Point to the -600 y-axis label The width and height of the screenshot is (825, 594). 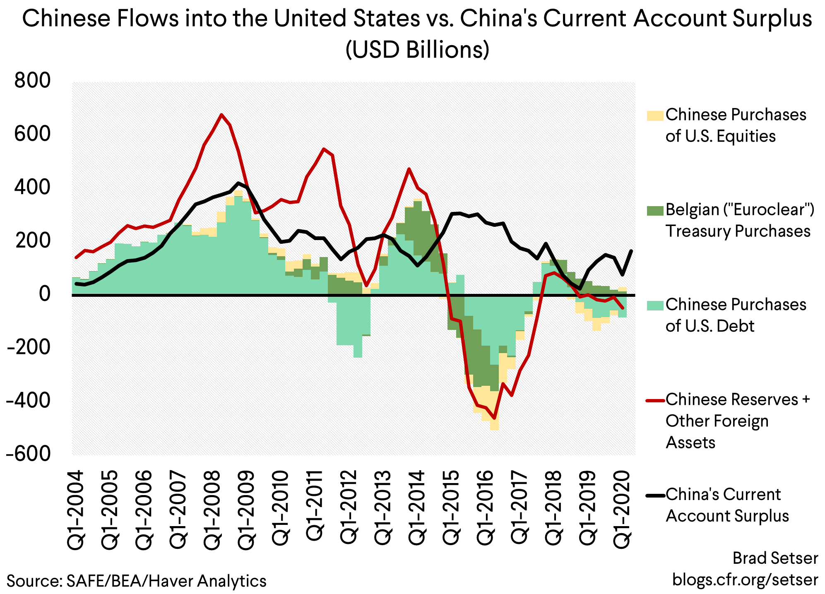tap(28, 454)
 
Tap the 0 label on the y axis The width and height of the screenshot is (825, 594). tap(44, 294)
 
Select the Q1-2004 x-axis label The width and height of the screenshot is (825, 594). tap(76, 510)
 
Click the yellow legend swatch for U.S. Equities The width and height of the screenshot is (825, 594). tap(655, 115)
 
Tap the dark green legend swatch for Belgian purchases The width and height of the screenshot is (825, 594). tap(655, 210)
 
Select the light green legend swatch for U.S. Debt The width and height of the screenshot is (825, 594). tap(655, 305)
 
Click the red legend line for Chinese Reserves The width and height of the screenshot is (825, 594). tap(655, 400)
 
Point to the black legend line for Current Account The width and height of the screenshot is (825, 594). tap(655, 495)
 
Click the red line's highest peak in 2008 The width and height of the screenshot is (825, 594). tap(221, 114)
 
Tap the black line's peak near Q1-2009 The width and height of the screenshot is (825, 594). tap(238, 183)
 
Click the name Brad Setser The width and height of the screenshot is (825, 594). tap(775, 558)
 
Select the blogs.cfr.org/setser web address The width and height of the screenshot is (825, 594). tap(745, 579)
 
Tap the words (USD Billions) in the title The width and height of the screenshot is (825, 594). tap(417, 50)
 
